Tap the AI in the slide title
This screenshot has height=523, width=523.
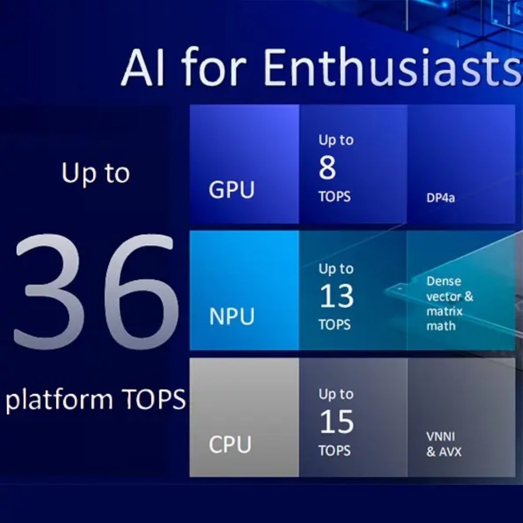pos(143,68)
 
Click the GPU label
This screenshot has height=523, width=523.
pos(231,190)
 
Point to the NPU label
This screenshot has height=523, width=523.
pos(232,316)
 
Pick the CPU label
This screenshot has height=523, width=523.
pos(230,444)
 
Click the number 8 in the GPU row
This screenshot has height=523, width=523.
pos(327,168)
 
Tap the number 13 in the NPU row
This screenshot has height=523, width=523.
pos(337,296)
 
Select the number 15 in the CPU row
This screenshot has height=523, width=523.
pos(337,422)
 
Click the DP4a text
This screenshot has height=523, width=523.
pos(440,198)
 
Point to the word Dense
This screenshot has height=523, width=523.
pos(444,281)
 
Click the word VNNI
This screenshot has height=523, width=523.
pos(440,437)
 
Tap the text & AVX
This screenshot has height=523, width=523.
pos(444,452)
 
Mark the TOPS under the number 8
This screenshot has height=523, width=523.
pos(335,197)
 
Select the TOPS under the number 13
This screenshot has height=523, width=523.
pos(335,324)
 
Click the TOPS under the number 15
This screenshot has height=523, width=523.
pos(335,450)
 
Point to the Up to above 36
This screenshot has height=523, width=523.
pos(95,174)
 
